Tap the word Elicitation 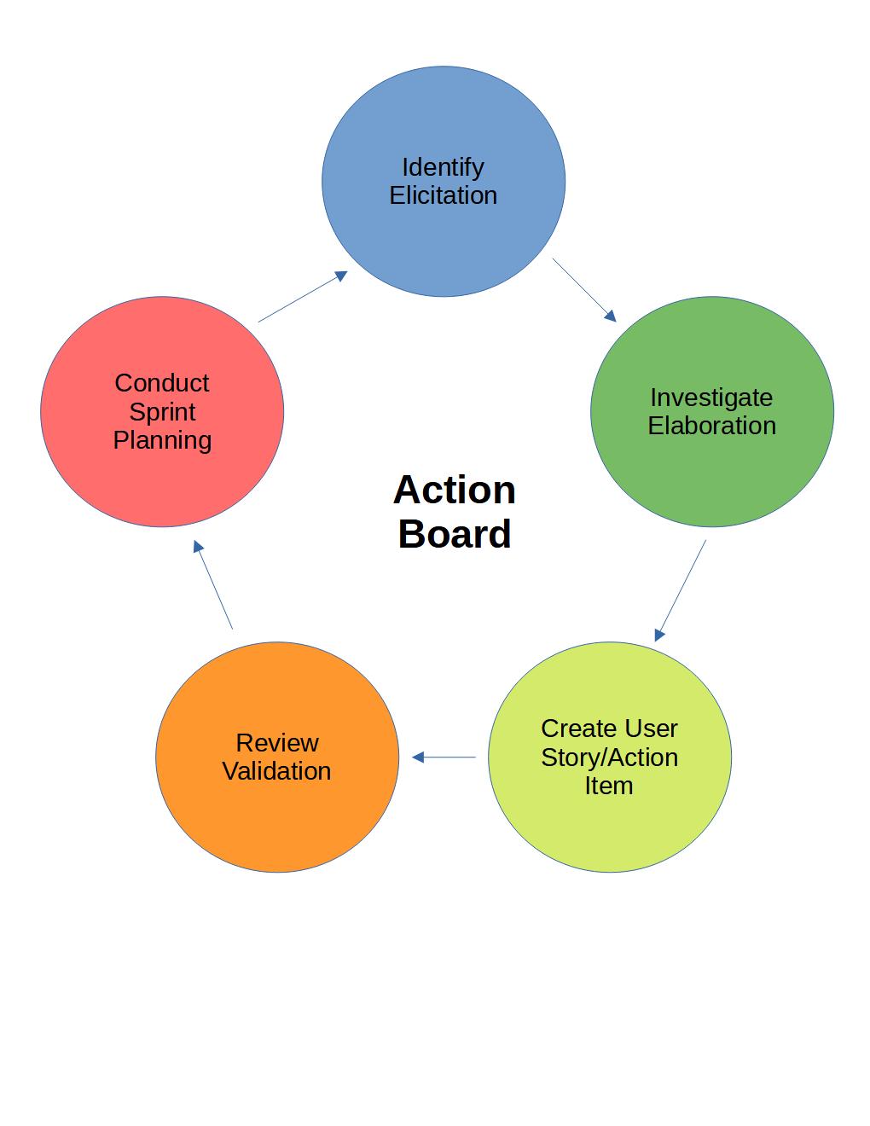coord(443,195)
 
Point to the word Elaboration coord(712,426)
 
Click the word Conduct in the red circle coord(162,383)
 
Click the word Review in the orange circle coord(277,742)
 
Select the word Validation coord(276,770)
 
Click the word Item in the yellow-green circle coord(609,786)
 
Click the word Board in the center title coord(455,534)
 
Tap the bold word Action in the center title coord(455,490)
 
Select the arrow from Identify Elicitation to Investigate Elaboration coord(584,290)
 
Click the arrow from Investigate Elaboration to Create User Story coord(681,590)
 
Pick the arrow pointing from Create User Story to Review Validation coord(444,757)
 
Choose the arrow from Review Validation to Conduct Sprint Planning coord(213,584)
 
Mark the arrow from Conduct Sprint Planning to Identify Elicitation coord(303,296)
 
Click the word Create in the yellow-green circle coord(574,728)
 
